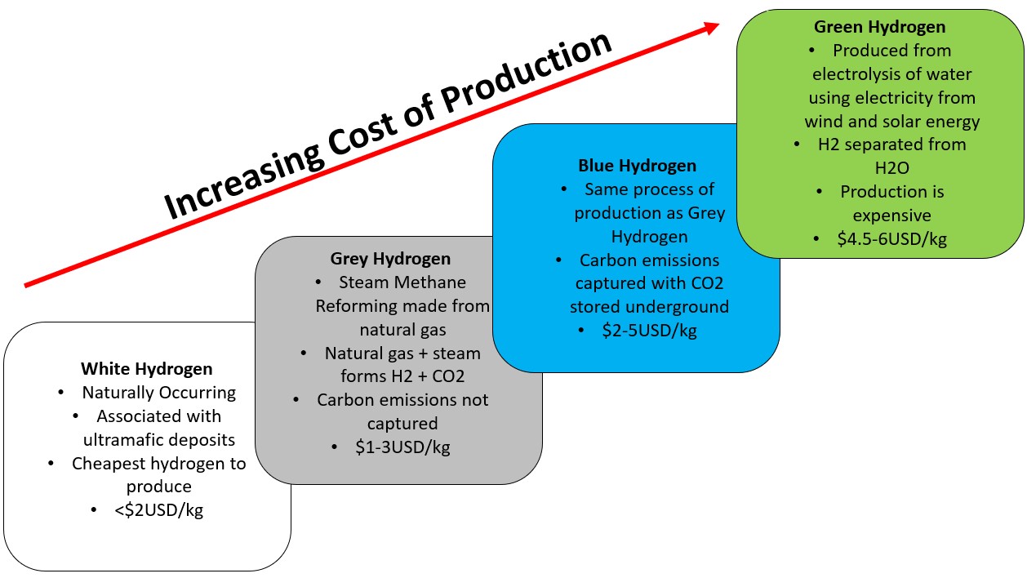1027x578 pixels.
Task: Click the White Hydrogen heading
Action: (147, 369)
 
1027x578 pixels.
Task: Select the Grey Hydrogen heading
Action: (390, 259)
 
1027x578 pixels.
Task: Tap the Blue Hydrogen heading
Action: (637, 166)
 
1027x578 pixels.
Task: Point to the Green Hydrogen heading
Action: (879, 27)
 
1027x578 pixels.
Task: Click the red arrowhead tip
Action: (719, 24)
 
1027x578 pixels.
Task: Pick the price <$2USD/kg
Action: (158, 509)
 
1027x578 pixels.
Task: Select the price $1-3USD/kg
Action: (402, 447)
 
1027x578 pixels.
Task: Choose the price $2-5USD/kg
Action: (649, 331)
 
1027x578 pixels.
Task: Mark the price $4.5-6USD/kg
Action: (891, 239)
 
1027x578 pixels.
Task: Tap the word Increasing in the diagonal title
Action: (243, 181)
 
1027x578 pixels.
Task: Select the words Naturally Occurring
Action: (158, 393)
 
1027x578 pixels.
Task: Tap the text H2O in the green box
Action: (891, 168)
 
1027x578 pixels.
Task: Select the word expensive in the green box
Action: (891, 216)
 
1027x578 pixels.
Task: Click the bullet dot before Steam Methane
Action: (318, 282)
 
